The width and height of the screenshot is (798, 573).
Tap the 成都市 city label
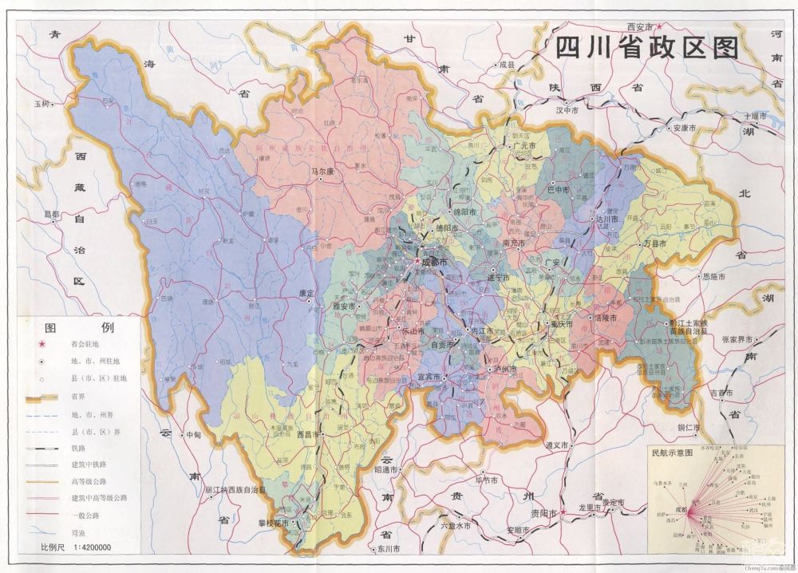pos(434,261)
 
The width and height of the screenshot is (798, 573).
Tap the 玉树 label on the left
pos(41,105)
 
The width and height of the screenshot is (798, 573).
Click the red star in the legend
pos(41,345)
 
